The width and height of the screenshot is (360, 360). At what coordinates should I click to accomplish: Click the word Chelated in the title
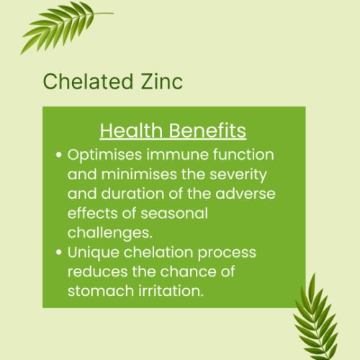(83, 81)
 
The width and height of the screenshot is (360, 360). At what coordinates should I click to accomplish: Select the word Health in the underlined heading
(125, 131)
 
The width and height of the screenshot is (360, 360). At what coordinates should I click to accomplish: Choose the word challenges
(105, 233)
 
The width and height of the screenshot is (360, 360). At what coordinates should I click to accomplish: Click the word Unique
(91, 253)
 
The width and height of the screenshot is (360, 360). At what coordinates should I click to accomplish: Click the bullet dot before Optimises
(59, 156)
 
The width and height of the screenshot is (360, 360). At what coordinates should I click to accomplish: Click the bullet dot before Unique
(59, 253)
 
